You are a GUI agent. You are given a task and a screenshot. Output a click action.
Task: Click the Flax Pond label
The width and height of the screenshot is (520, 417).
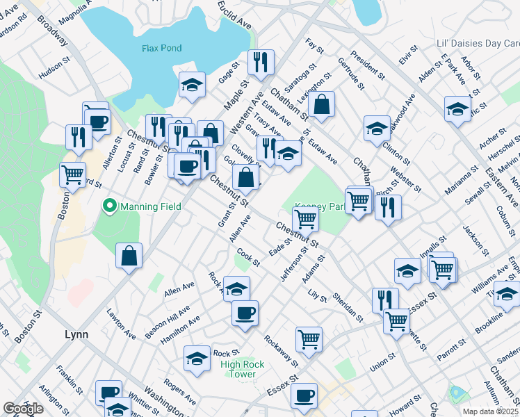(161, 48)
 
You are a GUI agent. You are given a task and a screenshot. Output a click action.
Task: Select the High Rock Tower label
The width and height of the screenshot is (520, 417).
(238, 368)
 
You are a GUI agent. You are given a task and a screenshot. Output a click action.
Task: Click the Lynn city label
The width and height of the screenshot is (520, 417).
(76, 334)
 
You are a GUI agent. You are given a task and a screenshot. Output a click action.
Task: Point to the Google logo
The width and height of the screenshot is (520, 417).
(23, 409)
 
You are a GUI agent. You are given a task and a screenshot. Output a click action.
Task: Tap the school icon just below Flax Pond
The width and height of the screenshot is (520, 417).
(192, 85)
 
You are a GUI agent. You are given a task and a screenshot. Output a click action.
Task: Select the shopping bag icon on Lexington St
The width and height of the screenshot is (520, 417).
(322, 104)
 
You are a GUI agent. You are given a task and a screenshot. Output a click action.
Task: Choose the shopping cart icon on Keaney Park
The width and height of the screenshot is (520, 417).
(306, 220)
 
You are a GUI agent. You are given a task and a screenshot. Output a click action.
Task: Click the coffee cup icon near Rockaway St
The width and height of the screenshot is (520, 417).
(245, 313)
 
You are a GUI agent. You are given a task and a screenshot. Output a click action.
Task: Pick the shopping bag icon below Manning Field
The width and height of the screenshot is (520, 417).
(129, 256)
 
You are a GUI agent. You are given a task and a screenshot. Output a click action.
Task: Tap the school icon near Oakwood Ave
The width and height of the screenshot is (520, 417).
(377, 128)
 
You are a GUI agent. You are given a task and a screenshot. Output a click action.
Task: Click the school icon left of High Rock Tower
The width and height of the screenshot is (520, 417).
(197, 359)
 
